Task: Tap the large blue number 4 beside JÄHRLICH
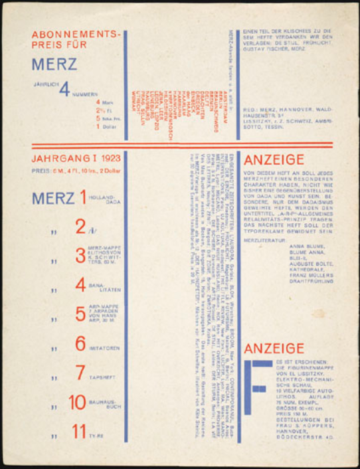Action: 64,89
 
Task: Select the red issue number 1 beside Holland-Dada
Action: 83,197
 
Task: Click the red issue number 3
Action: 80,255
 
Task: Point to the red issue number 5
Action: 80,314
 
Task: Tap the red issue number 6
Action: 80,344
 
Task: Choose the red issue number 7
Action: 80,373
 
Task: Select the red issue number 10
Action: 78,403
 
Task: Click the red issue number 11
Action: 78,432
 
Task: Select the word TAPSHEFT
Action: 103,377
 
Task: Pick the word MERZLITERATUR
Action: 262,240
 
